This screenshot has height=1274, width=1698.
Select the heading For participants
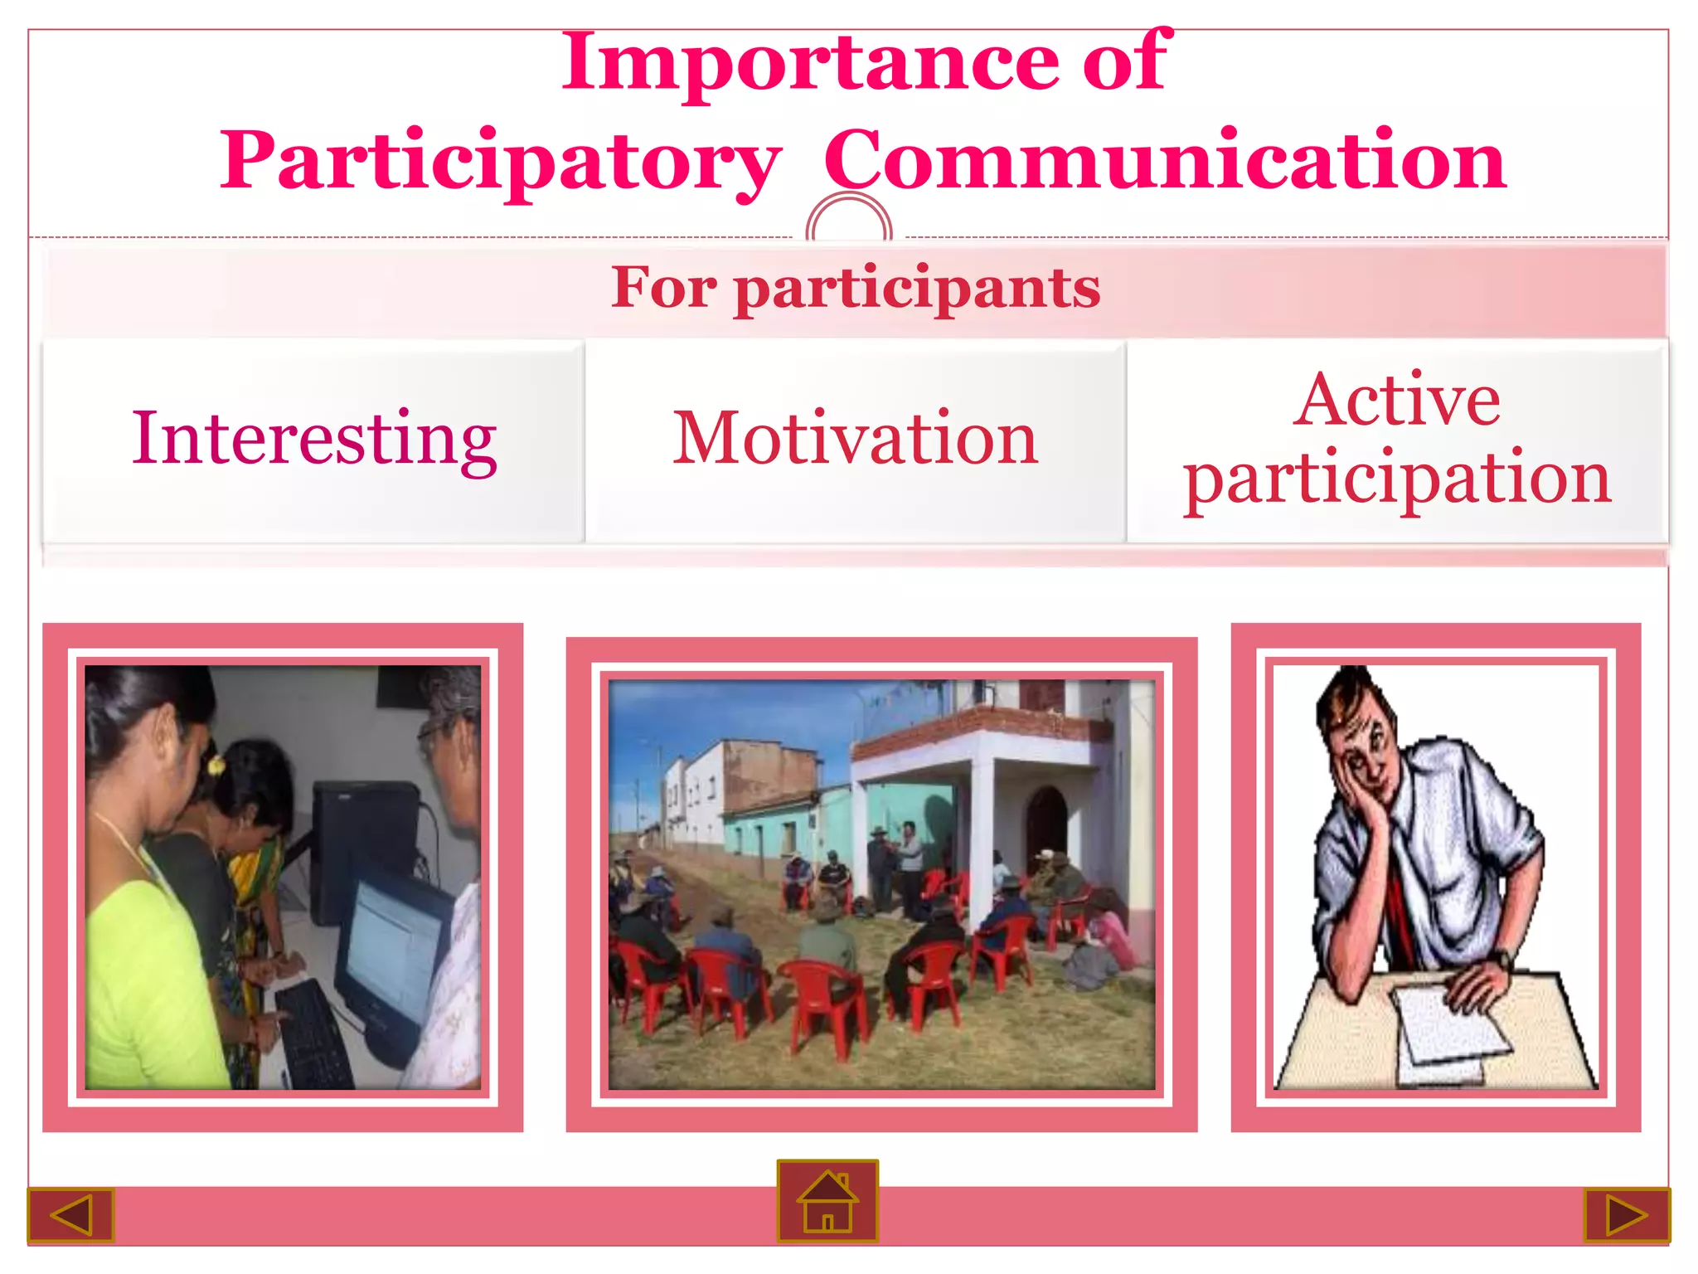tap(856, 288)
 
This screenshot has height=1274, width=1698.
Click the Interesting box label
tap(314, 439)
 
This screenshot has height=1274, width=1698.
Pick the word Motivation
tap(855, 439)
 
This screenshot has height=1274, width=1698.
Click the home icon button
tap(827, 1200)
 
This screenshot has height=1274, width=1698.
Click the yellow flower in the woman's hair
tap(216, 764)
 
